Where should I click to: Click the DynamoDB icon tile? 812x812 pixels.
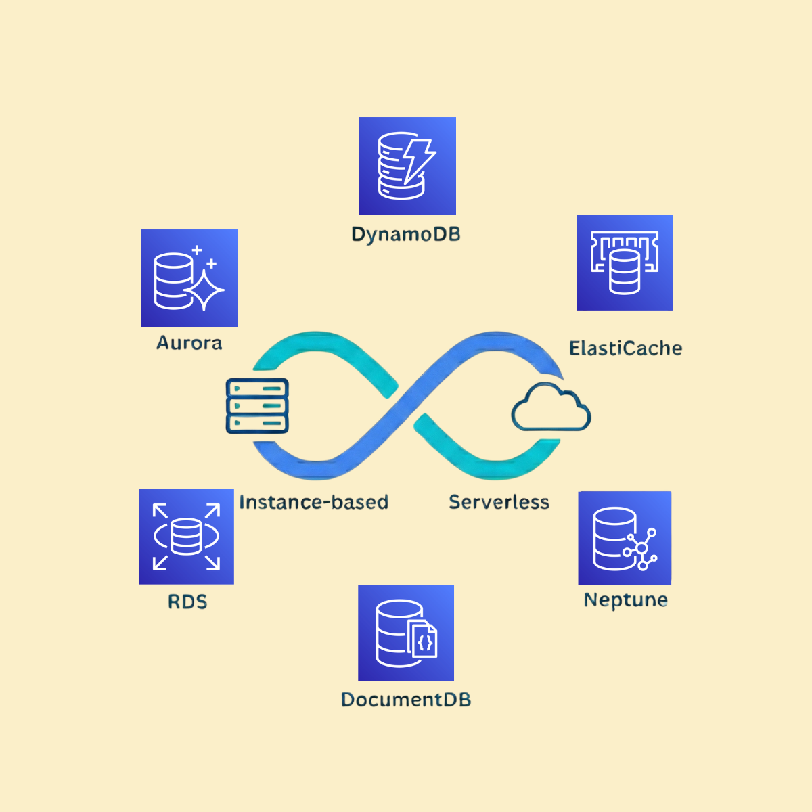coord(407,166)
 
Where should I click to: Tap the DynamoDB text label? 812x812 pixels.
coord(406,235)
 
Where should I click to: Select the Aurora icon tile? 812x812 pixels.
coord(189,278)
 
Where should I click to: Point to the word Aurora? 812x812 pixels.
coord(189,343)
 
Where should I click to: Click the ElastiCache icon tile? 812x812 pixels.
coord(625,263)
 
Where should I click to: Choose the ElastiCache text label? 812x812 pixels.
coord(625,348)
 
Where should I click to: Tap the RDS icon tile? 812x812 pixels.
coord(186,537)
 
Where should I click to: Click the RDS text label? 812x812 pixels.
coord(187,602)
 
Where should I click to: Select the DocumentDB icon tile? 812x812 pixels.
coord(406,633)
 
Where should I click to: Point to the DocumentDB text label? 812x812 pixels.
coord(406,700)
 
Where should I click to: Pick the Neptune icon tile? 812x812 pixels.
coord(625,538)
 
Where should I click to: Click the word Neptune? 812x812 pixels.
coord(626,600)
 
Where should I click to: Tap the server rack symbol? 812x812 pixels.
coord(257,406)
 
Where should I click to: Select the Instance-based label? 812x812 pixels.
coord(314,502)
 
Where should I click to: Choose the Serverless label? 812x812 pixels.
coord(499,502)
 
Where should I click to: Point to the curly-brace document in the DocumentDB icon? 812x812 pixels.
coord(424,640)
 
